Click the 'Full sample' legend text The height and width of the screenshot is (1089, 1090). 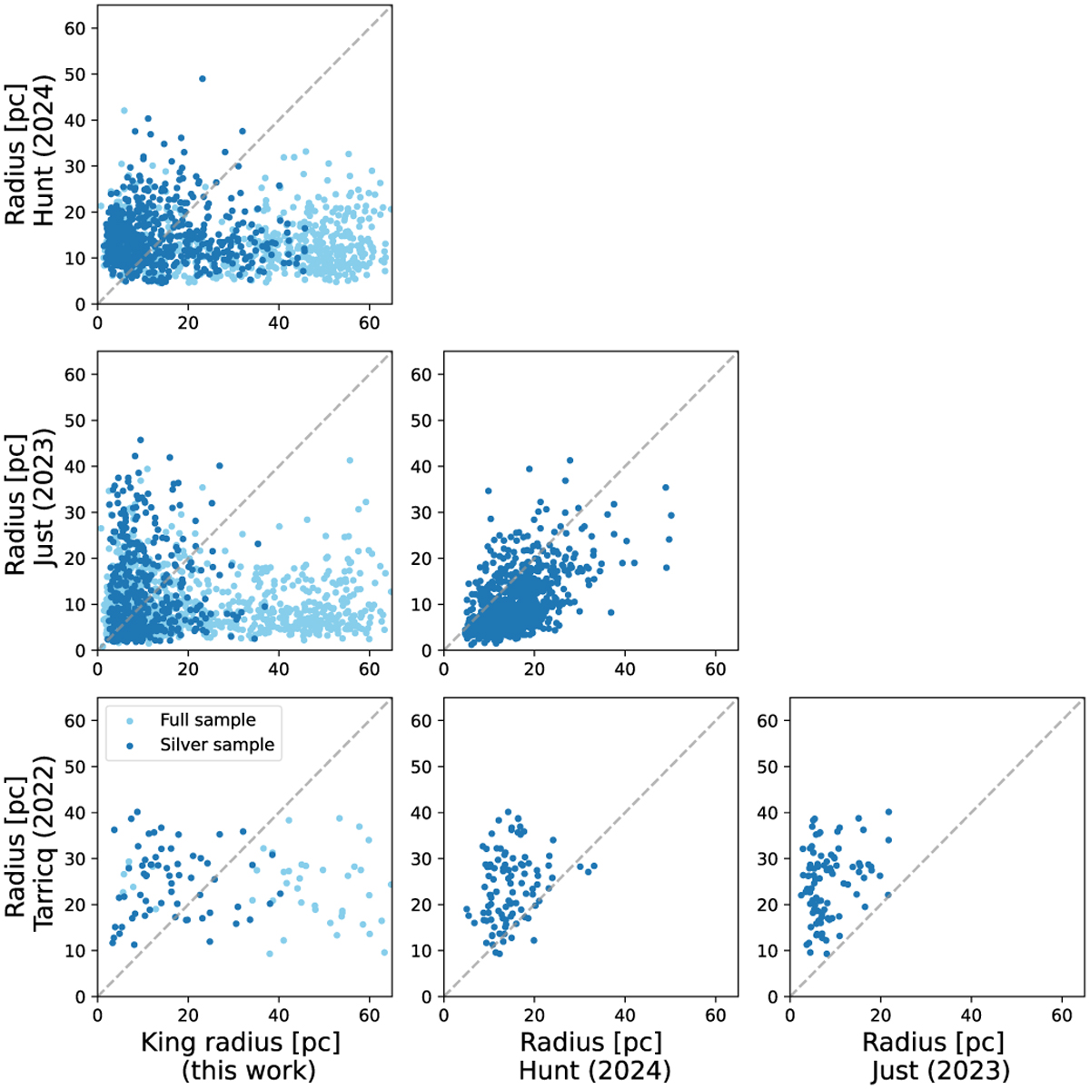[207, 720]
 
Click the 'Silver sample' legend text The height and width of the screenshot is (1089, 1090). [216, 745]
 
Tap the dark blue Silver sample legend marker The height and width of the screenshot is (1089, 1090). [127, 745]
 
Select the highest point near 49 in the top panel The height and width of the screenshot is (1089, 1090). [203, 79]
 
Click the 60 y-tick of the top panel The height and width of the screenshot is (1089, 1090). [76, 28]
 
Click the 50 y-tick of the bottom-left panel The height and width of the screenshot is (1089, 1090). [76, 767]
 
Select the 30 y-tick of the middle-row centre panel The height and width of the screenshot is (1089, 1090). [422, 513]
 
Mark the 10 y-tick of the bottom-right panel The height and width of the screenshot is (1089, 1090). [768, 951]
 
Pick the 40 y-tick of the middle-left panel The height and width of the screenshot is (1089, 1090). [76, 467]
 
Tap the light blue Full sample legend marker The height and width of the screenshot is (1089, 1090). [127, 720]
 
